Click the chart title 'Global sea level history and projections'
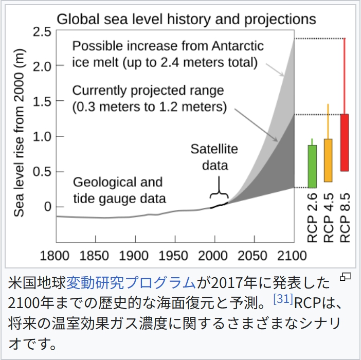click(186, 20)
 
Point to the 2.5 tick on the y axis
click(44, 31)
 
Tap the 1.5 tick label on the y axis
click(44, 101)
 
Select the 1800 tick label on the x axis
click(56, 255)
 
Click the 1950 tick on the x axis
click(174, 255)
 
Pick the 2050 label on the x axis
click(254, 255)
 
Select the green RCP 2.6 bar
click(312, 166)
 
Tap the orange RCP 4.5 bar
click(328, 160)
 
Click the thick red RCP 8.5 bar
click(345, 142)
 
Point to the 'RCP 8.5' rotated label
click(345, 218)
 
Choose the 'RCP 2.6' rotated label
click(312, 218)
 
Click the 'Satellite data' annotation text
click(214, 157)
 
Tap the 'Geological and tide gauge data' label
click(119, 190)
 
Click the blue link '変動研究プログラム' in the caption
click(131, 282)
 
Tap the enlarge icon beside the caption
click(346, 278)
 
